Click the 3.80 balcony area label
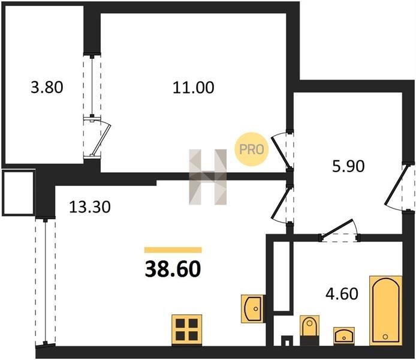(47, 88)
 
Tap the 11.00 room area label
(194, 88)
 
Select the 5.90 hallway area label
(348, 166)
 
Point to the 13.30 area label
(90, 207)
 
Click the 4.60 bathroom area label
(342, 294)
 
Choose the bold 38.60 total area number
(173, 269)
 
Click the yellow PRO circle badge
(252, 149)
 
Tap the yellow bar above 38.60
(173, 250)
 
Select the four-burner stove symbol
(187, 330)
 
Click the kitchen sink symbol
(253, 308)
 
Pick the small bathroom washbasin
(344, 335)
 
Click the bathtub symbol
(385, 311)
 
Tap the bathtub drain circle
(385, 337)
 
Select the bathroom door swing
(339, 230)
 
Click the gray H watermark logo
(208, 177)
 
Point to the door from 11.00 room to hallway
(282, 149)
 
